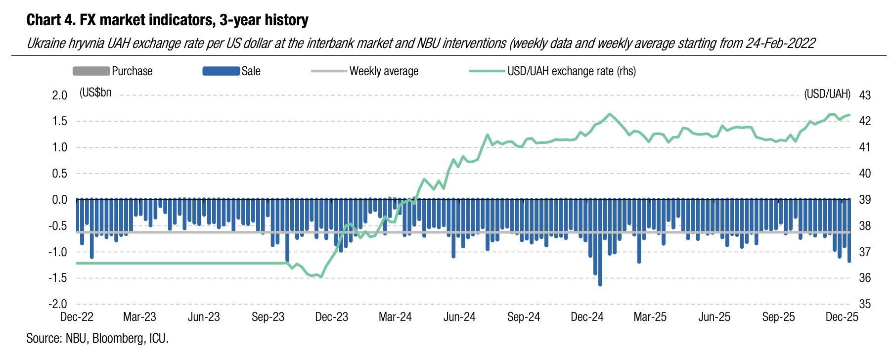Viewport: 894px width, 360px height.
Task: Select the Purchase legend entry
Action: [x=112, y=71]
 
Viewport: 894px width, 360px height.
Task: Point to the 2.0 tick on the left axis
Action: [x=59, y=95]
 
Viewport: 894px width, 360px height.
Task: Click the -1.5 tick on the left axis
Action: [x=58, y=278]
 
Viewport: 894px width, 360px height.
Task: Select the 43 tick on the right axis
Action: [x=865, y=95]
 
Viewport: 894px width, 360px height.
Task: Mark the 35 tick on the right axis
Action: [x=865, y=304]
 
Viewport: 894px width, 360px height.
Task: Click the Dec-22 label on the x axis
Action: [x=77, y=317]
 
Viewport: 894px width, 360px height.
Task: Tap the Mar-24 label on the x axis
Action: [x=395, y=317]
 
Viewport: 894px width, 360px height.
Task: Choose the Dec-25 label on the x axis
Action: [x=842, y=317]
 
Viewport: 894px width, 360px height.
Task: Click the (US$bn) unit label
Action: [x=95, y=92]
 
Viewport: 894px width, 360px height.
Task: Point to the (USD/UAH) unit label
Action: [x=827, y=94]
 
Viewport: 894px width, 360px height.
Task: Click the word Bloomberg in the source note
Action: [x=118, y=339]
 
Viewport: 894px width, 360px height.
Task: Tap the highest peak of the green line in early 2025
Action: [x=610, y=114]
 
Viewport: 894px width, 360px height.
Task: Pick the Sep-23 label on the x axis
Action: [x=268, y=317]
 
